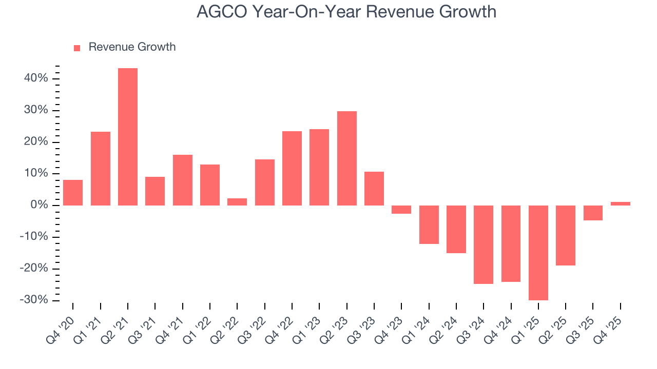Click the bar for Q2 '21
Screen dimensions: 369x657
tap(128, 137)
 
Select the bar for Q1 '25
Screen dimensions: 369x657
tap(538, 253)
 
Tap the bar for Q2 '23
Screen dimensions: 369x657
tap(347, 158)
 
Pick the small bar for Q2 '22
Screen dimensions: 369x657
tap(237, 202)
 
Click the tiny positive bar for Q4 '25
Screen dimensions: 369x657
tap(621, 203)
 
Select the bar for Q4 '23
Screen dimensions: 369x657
tap(401, 210)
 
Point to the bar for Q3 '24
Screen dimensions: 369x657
tap(484, 244)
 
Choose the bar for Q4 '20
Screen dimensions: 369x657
tap(73, 193)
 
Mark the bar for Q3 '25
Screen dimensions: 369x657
tap(593, 213)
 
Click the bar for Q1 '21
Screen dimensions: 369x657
tap(101, 169)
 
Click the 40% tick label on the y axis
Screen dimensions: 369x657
tap(35, 78)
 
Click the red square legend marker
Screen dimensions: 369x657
tap(77, 48)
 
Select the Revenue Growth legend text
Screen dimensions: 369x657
tap(132, 47)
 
